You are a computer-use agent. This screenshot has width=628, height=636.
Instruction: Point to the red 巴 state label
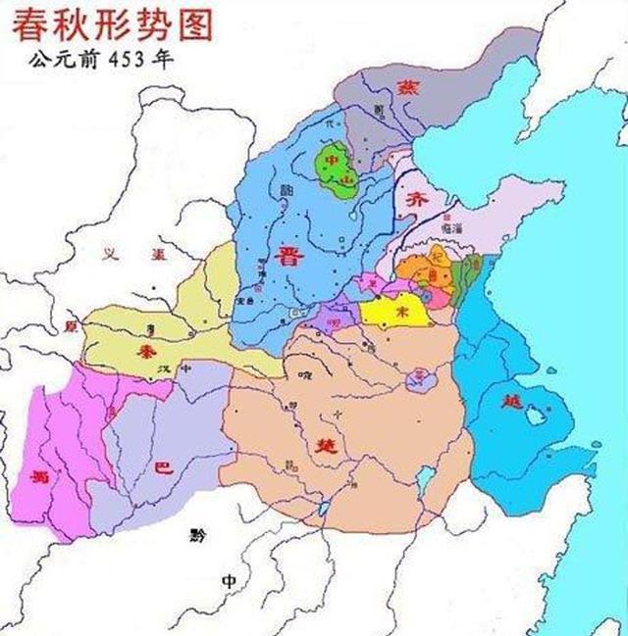[x=165, y=468]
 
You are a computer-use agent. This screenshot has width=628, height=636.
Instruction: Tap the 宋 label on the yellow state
[x=399, y=310]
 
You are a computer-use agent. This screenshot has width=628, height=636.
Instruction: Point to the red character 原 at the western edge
[x=69, y=326]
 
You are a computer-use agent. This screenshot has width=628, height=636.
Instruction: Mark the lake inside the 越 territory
[x=535, y=416]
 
